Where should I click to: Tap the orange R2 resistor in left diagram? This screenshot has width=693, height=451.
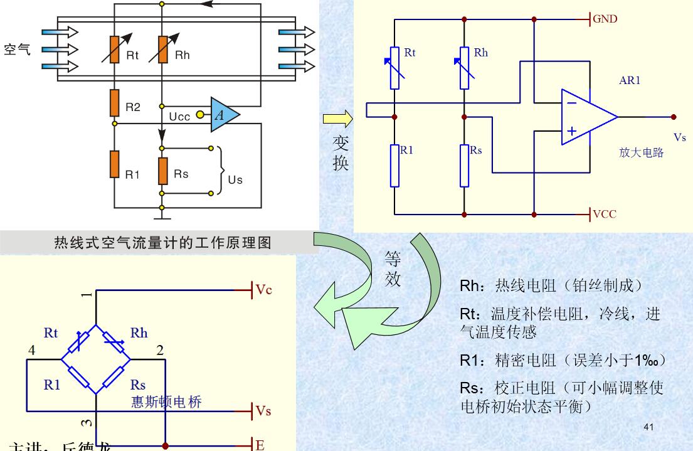(114, 103)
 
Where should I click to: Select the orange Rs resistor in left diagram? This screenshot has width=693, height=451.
(162, 169)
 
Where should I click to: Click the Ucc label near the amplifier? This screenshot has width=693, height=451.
(181, 117)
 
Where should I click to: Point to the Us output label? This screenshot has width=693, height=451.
(235, 180)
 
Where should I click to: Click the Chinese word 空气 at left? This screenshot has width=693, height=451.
(17, 50)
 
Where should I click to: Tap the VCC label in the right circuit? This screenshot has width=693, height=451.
(605, 214)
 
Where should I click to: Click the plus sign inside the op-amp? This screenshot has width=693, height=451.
(571, 132)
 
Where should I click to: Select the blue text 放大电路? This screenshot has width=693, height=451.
(640, 152)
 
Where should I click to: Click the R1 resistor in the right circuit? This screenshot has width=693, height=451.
(394, 166)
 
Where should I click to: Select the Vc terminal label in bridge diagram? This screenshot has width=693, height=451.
(263, 291)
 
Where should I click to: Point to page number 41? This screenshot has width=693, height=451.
(648, 427)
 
